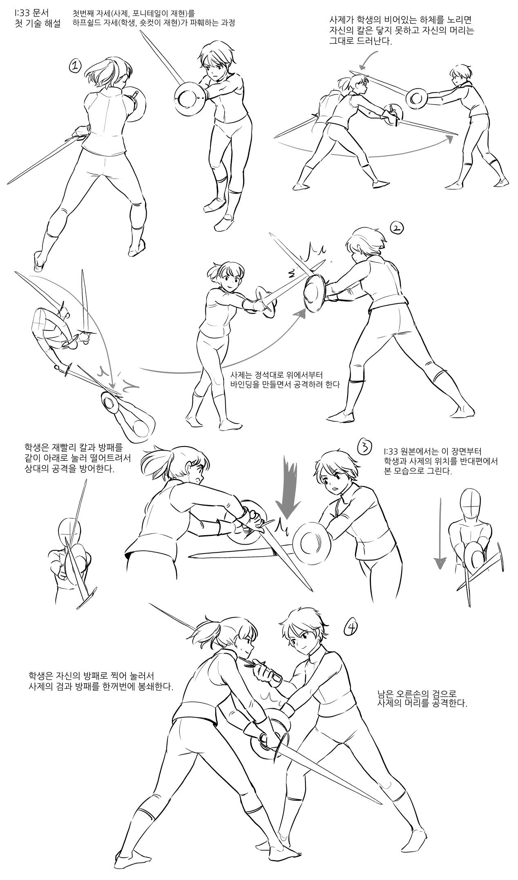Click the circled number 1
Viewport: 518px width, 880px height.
click(x=76, y=66)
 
